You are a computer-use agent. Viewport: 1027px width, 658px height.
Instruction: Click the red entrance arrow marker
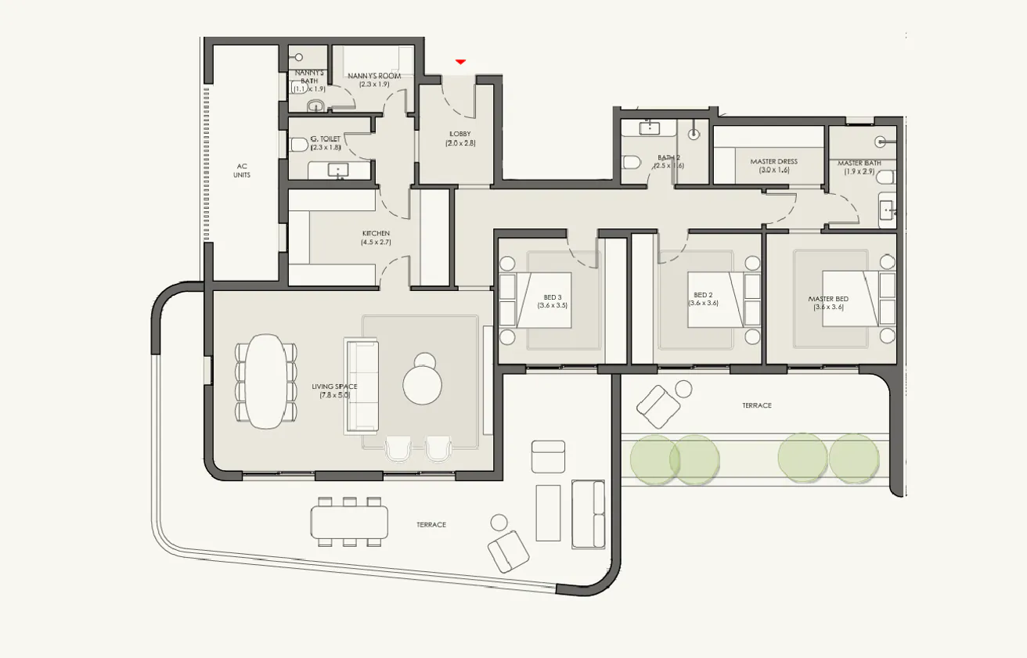point(461,61)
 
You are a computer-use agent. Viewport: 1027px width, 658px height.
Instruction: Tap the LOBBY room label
point(460,134)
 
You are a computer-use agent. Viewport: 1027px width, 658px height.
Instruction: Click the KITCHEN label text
point(375,234)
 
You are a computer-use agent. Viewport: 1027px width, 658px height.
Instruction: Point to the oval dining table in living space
point(266,381)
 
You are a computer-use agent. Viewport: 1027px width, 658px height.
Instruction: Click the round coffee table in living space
point(423,383)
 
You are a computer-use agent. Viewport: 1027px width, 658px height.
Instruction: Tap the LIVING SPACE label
point(334,387)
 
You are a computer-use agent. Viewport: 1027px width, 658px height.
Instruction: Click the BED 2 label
point(702,295)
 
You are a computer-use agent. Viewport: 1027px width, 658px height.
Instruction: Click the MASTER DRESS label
point(773,162)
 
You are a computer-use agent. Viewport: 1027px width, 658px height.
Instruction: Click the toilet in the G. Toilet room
point(298,145)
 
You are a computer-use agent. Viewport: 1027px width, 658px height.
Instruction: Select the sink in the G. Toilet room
point(340,170)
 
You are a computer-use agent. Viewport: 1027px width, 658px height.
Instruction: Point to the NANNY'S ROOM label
point(374,76)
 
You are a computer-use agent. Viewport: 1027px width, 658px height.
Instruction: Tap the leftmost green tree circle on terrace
point(653,458)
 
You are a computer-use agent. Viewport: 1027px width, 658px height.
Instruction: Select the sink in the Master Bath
point(888,210)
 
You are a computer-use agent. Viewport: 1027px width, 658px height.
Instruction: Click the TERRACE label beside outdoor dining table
point(431,524)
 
